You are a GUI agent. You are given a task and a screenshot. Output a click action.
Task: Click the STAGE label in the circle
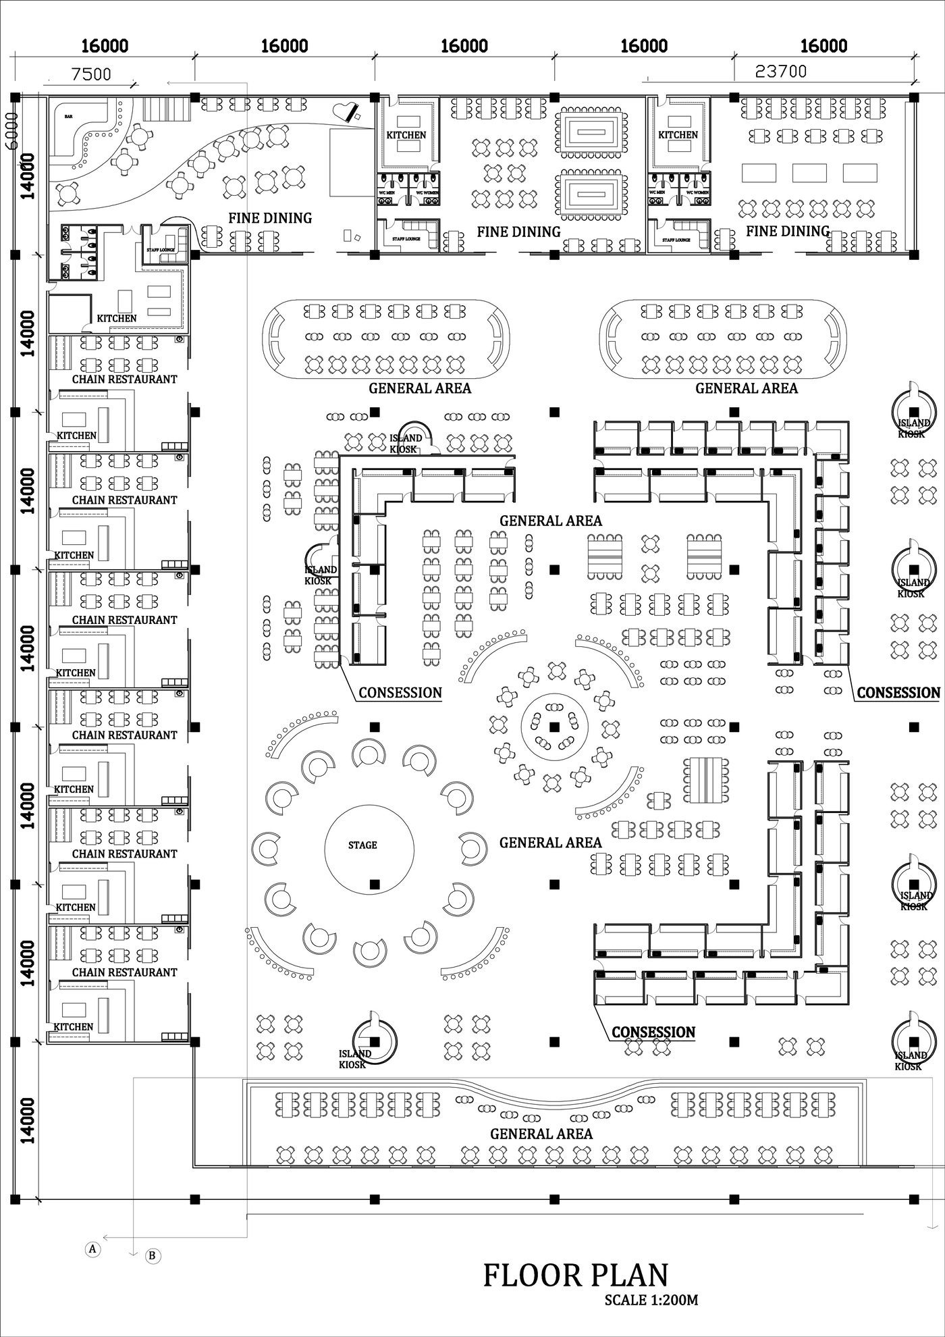(x=362, y=845)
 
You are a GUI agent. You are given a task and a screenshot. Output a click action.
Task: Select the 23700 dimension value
(x=780, y=71)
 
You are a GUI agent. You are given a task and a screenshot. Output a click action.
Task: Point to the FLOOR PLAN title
(x=576, y=1275)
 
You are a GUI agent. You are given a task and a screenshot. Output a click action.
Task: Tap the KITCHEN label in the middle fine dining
(x=406, y=135)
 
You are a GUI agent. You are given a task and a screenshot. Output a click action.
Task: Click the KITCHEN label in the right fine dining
(x=678, y=135)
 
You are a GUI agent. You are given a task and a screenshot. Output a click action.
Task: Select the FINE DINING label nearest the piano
(x=270, y=218)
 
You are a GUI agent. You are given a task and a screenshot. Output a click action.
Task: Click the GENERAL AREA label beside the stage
(x=550, y=842)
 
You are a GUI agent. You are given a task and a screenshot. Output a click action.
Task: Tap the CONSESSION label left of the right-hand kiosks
(x=898, y=692)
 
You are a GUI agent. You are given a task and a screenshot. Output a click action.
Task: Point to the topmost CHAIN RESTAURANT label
(x=124, y=379)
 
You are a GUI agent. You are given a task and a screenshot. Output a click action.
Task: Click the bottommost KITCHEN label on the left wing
(x=74, y=1026)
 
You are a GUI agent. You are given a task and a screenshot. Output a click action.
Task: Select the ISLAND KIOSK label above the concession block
(x=406, y=444)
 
